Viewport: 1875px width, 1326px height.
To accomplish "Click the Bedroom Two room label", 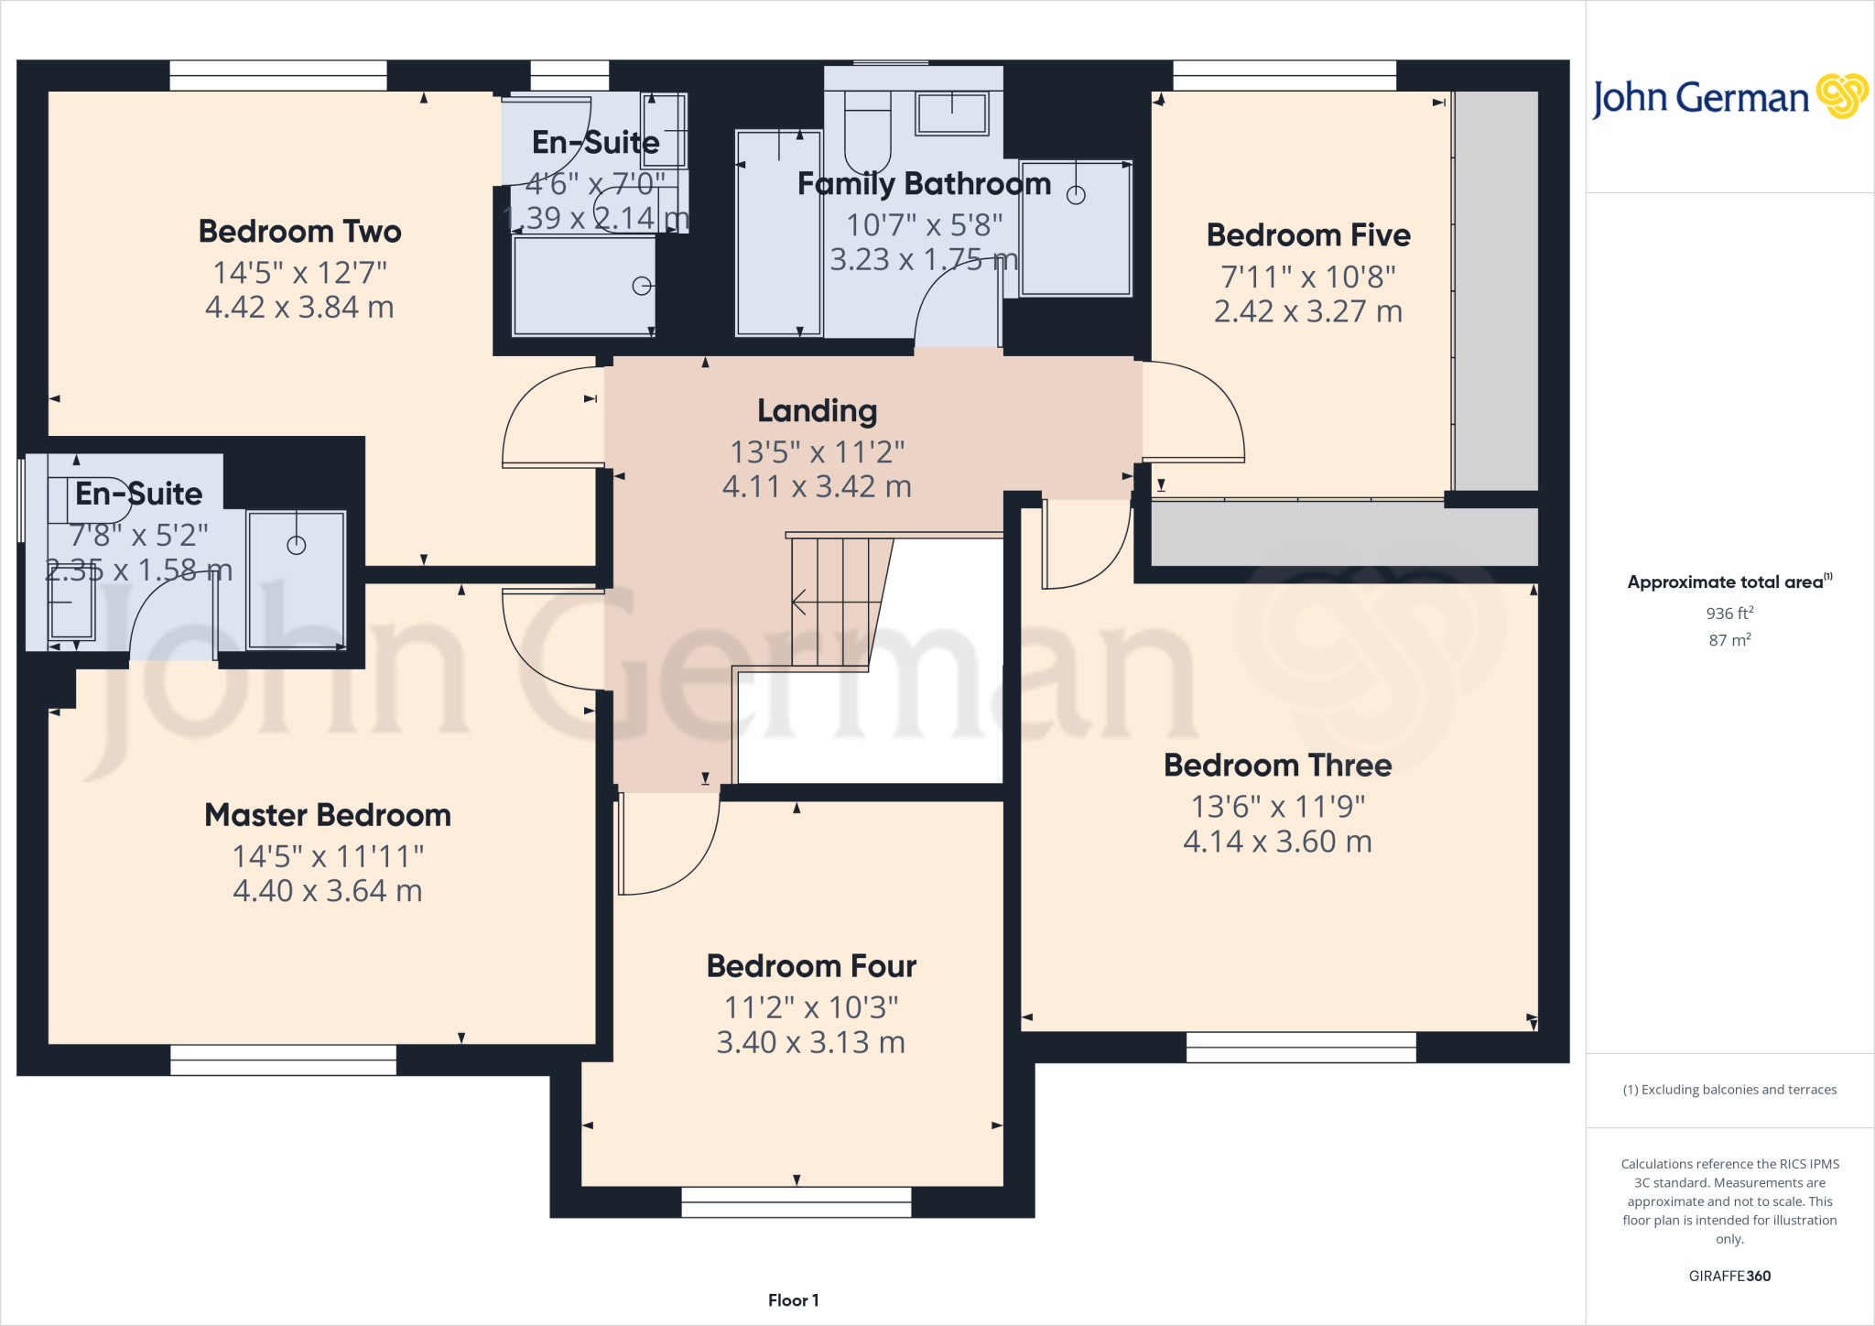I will (x=299, y=231).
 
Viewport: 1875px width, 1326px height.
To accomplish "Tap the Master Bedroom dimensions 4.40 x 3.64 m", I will (x=327, y=890).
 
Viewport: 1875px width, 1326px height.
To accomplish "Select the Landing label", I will (x=817, y=411).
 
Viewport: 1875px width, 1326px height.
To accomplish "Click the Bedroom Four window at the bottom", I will (x=796, y=1201).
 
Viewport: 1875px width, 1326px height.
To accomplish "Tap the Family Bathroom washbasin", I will (x=952, y=114).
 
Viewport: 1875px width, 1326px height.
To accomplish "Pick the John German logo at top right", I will (x=1729, y=97).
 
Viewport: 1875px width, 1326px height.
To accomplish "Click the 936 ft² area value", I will (x=1729, y=613).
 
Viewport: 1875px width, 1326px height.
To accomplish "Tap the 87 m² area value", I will (x=1729, y=640).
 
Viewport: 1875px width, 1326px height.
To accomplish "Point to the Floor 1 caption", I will (x=793, y=1300).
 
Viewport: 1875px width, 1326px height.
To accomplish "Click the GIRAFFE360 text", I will (x=1729, y=1276).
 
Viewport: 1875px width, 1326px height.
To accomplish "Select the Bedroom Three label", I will (x=1277, y=765).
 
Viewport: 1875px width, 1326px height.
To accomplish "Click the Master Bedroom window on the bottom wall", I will (x=283, y=1060).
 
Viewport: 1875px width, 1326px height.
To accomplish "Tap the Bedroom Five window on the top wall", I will (x=1284, y=75).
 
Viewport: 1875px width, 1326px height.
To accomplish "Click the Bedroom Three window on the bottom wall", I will (x=1300, y=1047).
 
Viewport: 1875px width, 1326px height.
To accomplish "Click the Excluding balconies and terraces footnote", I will (x=1729, y=1090).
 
